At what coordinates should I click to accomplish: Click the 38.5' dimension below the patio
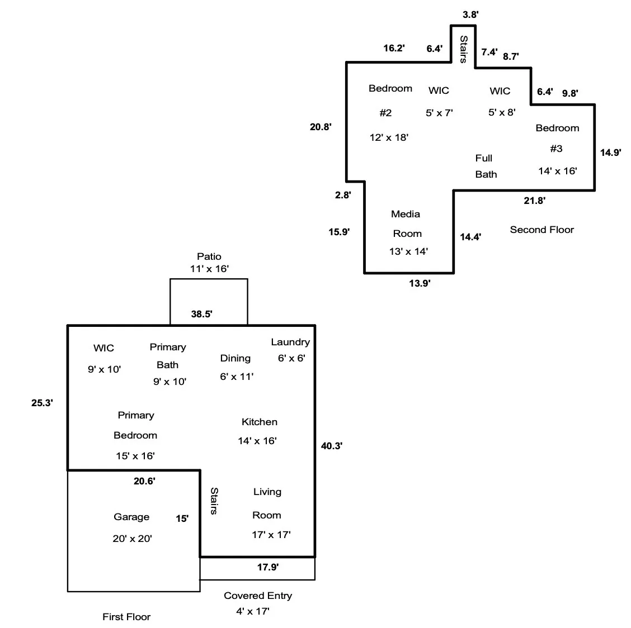pos(201,314)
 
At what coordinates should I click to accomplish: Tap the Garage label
pos(131,517)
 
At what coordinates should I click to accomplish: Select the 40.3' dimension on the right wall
pos(332,446)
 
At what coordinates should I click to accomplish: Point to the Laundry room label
pos(290,342)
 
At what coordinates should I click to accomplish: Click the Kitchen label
pos(260,422)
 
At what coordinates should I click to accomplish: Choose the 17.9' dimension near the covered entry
pos(268,567)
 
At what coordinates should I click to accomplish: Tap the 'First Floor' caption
pos(126,617)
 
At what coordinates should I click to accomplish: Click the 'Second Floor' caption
pos(541,230)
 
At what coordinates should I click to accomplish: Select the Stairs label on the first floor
pos(214,501)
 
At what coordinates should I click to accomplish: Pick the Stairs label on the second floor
pos(463,49)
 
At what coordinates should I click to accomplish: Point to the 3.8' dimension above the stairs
pos(470,15)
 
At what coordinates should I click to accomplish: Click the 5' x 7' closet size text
pos(439,113)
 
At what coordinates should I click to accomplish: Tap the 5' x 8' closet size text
pos(502,112)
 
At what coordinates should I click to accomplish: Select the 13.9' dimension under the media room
pos(420,284)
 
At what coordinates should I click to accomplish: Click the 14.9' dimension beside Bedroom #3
pos(611,152)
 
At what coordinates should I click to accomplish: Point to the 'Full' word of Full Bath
pos(484,158)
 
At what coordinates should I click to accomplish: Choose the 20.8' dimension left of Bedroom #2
pos(321,127)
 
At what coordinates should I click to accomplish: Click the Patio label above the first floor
pos(209,256)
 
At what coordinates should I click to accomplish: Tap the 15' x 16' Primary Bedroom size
pos(135,456)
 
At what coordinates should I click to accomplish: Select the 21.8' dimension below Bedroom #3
pos(534,201)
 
